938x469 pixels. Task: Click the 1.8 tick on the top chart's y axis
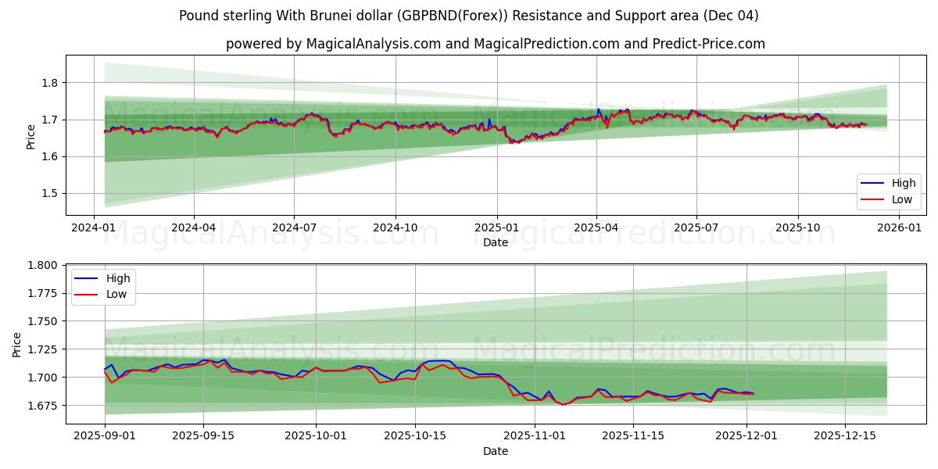tap(49, 83)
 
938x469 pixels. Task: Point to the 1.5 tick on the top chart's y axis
tap(49, 194)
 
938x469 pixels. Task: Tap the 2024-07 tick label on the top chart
tap(294, 227)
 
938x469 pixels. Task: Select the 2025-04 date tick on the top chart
tap(596, 227)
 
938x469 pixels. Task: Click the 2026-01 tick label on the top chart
tap(899, 227)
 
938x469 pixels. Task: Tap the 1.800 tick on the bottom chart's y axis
tap(43, 266)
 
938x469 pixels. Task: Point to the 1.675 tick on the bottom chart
tap(43, 406)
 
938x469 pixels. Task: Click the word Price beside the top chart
tap(30, 137)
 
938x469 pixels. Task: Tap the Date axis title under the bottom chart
tap(495, 451)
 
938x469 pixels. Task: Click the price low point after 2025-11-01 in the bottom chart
tap(562, 404)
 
